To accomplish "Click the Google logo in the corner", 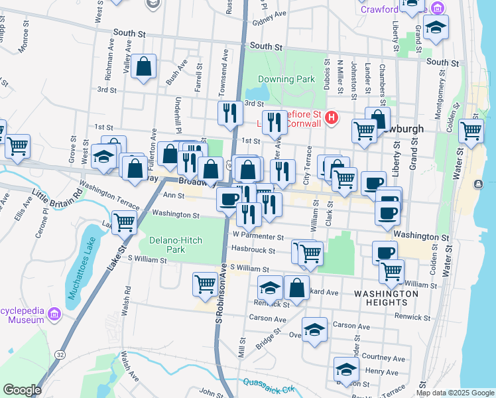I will click(22, 390).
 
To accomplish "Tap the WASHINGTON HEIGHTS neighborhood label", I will click(386, 297).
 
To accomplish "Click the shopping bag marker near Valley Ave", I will click(143, 66).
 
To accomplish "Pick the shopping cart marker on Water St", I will click(471, 131).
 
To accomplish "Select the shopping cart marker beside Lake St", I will click(124, 223).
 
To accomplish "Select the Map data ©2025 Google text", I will click(454, 393).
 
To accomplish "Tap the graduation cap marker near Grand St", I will click(436, 27).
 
